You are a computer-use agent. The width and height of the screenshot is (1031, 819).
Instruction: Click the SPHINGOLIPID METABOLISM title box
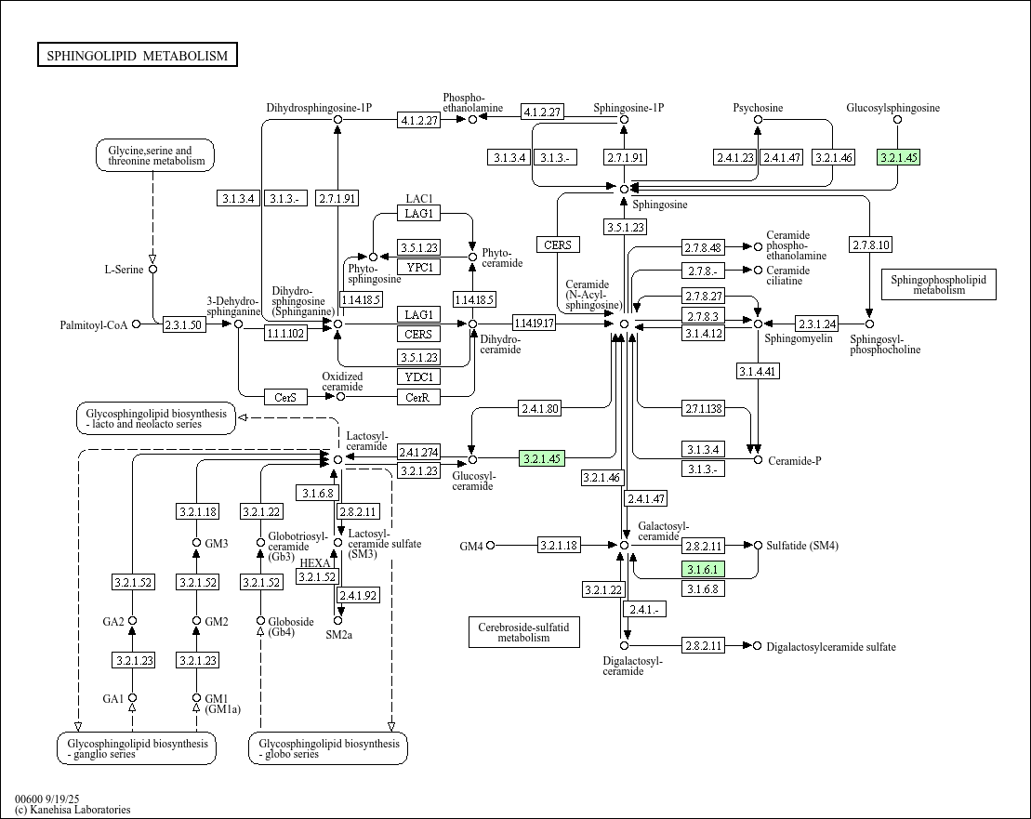[x=138, y=56]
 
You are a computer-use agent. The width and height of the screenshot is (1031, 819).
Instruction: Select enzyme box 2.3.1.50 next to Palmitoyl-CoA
[x=184, y=324]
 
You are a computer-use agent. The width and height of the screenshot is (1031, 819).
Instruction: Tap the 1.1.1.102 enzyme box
[x=285, y=333]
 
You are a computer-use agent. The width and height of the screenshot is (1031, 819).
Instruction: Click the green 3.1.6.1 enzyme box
[x=703, y=569]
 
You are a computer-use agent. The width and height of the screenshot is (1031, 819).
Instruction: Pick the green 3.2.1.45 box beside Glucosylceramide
[x=542, y=458]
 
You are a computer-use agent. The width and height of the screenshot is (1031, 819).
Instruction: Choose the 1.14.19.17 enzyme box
[x=535, y=324]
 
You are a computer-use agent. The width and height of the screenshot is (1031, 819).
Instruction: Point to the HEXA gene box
[x=316, y=563]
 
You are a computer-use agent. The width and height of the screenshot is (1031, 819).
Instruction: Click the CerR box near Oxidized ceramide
[x=418, y=397]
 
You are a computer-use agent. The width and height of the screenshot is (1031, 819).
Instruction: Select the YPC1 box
[x=418, y=268]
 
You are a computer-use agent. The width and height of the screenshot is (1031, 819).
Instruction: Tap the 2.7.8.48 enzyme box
[x=703, y=247]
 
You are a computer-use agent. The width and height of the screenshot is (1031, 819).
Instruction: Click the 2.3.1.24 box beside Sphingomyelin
[x=817, y=324]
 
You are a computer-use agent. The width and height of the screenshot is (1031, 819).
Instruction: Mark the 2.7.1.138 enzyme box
[x=703, y=409]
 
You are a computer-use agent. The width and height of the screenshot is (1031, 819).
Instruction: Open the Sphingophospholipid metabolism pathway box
[x=938, y=284]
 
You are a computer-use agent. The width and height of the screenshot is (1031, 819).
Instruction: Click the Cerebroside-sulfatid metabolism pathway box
[x=524, y=632]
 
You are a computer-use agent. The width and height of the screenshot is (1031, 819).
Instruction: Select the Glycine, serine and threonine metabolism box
[x=155, y=155]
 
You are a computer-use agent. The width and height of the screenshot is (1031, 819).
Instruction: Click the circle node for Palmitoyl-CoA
[x=137, y=324]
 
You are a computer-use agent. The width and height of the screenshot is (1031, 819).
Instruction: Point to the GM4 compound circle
[x=491, y=546]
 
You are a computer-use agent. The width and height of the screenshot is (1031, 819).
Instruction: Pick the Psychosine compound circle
[x=758, y=120]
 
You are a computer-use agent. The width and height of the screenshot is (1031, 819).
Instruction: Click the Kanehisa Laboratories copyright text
[x=73, y=810]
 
